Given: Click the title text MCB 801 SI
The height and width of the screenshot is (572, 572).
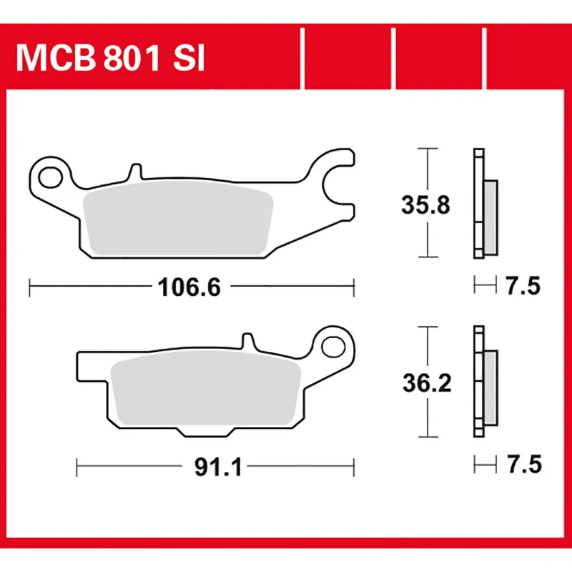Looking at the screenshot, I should (111, 59).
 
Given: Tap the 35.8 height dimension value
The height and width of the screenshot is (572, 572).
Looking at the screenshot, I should (426, 205).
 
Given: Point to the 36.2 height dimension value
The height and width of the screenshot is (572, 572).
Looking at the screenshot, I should (426, 384).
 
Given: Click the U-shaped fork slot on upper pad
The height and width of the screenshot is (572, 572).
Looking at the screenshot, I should (336, 187).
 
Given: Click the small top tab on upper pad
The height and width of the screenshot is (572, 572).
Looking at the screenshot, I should (134, 173).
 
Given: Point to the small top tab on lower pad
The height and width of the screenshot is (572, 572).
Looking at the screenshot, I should (247, 342).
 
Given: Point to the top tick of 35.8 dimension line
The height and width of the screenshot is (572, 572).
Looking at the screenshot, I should (427, 149).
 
